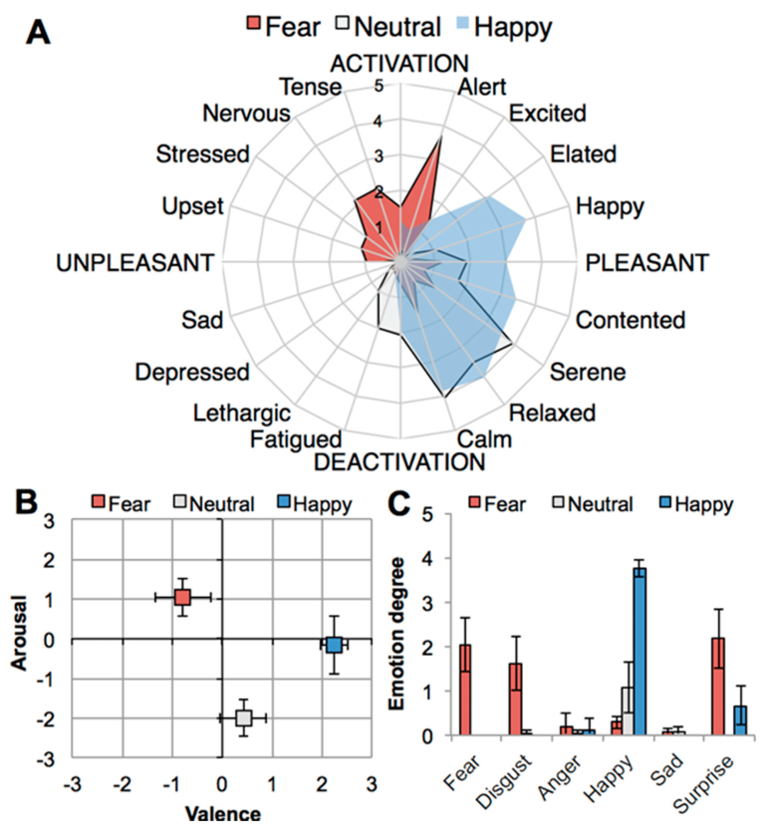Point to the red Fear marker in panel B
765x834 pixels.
[x=182, y=597]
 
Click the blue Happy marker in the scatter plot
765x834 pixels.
[x=334, y=645]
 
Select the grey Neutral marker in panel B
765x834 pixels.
[x=243, y=717]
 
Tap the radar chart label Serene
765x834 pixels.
[x=588, y=372]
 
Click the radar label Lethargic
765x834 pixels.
[x=242, y=412]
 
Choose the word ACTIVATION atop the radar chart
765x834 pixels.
[x=399, y=64]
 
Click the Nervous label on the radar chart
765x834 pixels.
[x=246, y=113]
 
